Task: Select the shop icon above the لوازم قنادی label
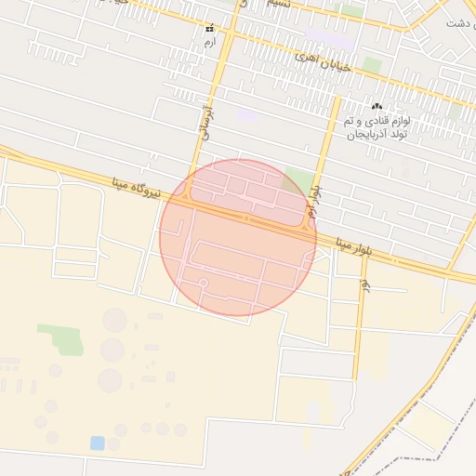[x=377, y=107]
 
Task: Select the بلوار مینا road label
[x=354, y=245]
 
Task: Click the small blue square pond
[x=98, y=443]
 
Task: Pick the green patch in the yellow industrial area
[x=61, y=337]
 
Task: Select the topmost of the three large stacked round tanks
[x=114, y=321]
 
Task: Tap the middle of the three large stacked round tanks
[x=112, y=350]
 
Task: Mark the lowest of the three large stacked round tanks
[x=111, y=380]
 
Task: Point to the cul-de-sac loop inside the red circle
[x=203, y=282]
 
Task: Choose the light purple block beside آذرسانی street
[x=246, y=115]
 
